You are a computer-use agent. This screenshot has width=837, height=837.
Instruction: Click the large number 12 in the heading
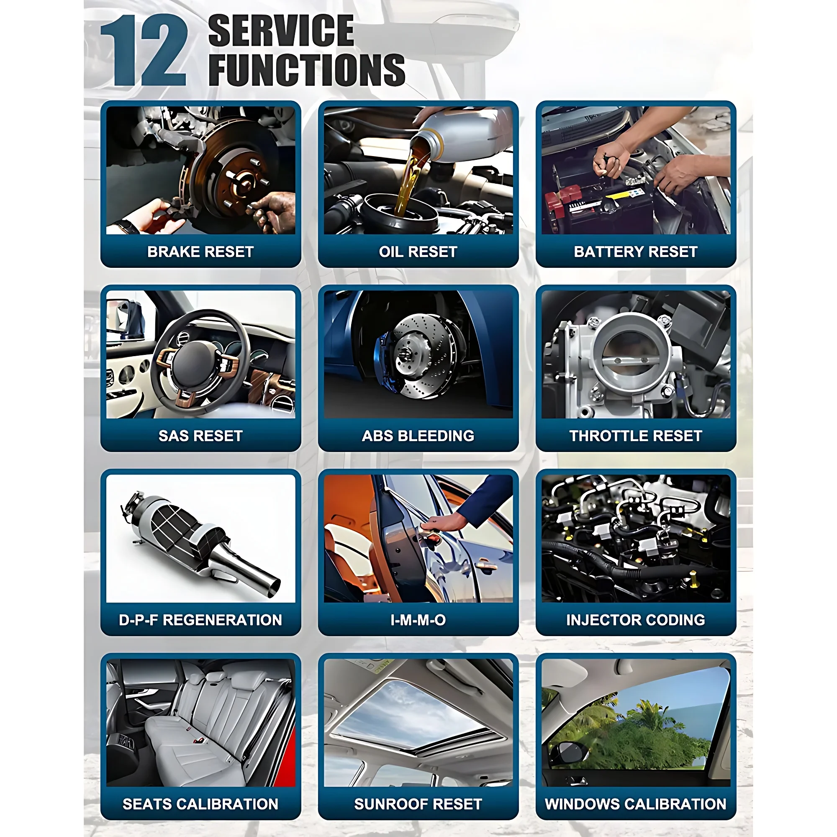(x=144, y=51)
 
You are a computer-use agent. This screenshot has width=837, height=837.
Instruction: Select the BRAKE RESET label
(x=200, y=252)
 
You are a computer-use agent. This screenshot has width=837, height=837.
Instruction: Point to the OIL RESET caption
(x=418, y=252)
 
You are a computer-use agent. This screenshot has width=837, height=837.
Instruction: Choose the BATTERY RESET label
(x=636, y=252)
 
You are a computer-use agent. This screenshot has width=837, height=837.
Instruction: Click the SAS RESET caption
(x=200, y=436)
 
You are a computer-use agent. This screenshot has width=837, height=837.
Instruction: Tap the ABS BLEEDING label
(x=418, y=436)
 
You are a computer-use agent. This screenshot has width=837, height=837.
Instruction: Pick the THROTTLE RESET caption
(x=636, y=436)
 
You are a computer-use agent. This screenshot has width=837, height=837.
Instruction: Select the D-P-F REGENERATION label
(x=200, y=620)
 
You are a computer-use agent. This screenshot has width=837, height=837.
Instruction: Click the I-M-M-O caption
(x=418, y=620)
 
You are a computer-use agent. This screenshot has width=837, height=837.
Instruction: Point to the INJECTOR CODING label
(x=636, y=620)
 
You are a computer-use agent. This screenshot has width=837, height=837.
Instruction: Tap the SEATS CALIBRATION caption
(x=200, y=804)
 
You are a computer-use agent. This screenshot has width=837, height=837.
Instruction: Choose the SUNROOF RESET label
(x=418, y=804)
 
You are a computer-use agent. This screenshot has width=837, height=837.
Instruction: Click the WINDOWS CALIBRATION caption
(x=636, y=804)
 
